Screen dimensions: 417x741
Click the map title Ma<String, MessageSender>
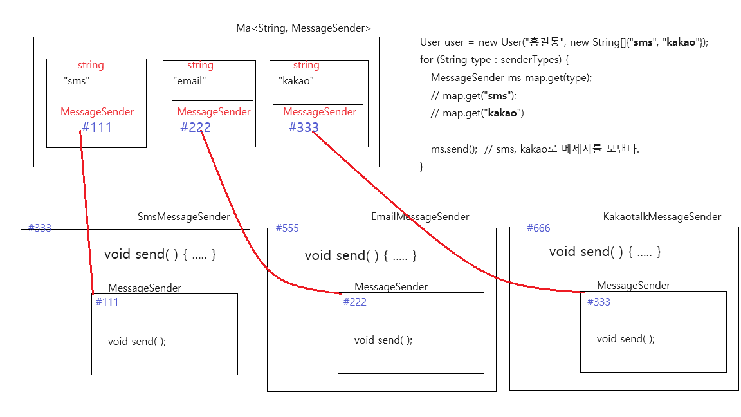pos(304,28)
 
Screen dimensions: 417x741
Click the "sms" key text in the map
pos(77,81)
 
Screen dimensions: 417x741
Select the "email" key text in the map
pos(190,81)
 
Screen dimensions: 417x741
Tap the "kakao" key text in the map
pos(296,81)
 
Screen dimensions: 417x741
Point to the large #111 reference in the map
pos(96,127)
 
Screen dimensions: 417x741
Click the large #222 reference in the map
pos(196,127)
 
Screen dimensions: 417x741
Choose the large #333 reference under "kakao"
pos(304,127)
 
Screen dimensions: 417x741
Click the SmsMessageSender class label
pos(184,217)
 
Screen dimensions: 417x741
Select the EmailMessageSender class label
pos(420,217)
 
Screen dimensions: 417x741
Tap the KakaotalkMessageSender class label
pos(662,217)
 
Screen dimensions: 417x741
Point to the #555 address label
pos(287,228)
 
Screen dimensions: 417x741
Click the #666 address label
pos(538,228)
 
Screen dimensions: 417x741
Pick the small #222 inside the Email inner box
pos(354,302)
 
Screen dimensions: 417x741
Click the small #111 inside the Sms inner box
pos(107,302)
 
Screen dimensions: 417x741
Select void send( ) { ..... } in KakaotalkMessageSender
pos(605,252)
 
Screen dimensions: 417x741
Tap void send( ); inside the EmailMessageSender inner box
pos(383,340)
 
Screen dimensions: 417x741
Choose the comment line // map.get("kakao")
pos(478,113)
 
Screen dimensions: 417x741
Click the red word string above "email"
pos(200,65)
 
